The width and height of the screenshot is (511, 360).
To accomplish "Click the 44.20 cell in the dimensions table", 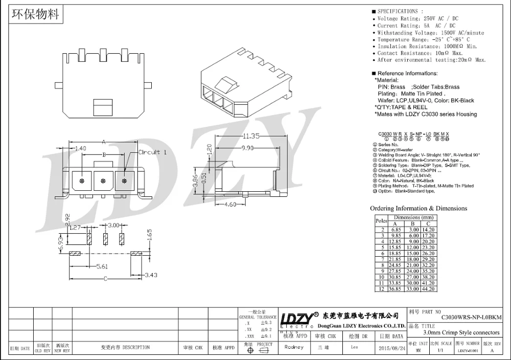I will coord(428,289).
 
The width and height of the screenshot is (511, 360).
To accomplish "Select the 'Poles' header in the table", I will coord(381,220).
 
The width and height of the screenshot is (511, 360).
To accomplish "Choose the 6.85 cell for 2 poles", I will coord(396,230).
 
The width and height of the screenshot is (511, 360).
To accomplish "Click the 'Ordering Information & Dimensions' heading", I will coord(418,208).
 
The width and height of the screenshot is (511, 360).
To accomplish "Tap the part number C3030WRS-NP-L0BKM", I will coord(471,317).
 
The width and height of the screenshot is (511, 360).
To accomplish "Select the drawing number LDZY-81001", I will coord(468,350).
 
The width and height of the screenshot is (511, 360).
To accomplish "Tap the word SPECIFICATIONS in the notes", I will coord(397,11).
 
